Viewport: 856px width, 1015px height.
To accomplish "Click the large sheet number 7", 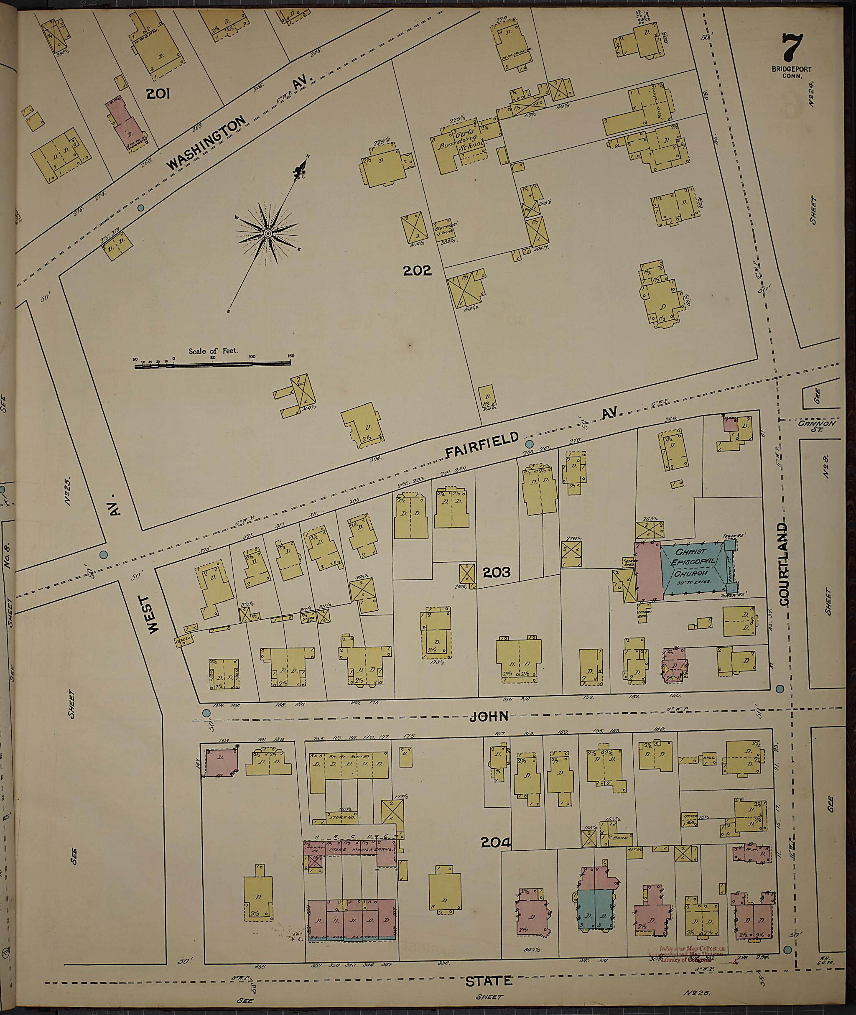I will click(x=792, y=47).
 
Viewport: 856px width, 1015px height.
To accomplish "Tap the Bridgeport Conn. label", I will click(x=792, y=72).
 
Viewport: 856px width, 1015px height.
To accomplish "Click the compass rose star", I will click(x=267, y=234).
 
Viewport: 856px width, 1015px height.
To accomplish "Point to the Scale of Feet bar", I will click(x=213, y=362).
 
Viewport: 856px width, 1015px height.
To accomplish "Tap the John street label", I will click(x=489, y=716).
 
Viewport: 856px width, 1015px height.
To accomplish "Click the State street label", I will click(x=489, y=981).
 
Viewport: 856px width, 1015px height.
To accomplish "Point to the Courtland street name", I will click(x=784, y=564).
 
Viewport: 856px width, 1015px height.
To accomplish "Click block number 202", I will click(x=417, y=270).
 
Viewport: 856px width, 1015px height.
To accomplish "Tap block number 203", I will click(x=497, y=573).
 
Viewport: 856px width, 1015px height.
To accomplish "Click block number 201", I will click(x=158, y=94).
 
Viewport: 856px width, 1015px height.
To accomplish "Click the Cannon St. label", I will click(x=817, y=426).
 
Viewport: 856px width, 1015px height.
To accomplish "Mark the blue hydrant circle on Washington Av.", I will click(x=141, y=208).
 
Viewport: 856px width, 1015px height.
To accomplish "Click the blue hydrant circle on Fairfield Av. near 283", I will click(x=530, y=444).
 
